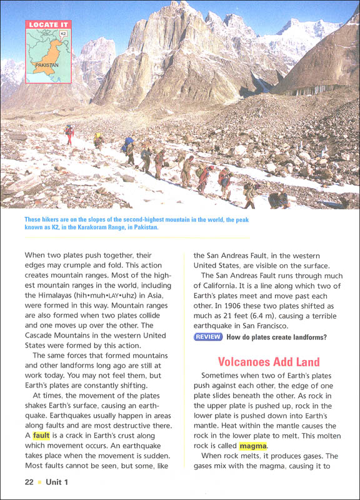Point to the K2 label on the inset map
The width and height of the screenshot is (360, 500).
62,33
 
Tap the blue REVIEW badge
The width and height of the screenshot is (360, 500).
207,337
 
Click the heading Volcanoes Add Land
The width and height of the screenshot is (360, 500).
268,362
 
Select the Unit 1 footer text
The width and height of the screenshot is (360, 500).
57,482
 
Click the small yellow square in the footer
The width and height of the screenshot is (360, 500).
39,482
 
